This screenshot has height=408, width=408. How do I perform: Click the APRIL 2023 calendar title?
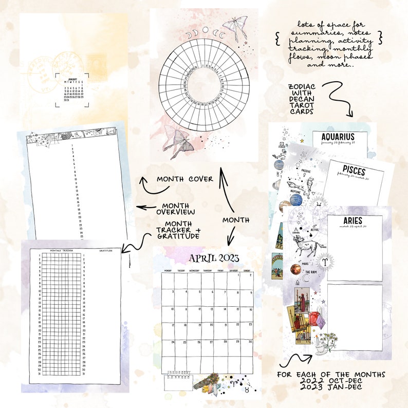coord(208,258)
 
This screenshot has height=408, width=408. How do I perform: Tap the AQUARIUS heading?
coord(338,137)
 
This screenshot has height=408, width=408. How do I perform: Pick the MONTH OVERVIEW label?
coord(175,209)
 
